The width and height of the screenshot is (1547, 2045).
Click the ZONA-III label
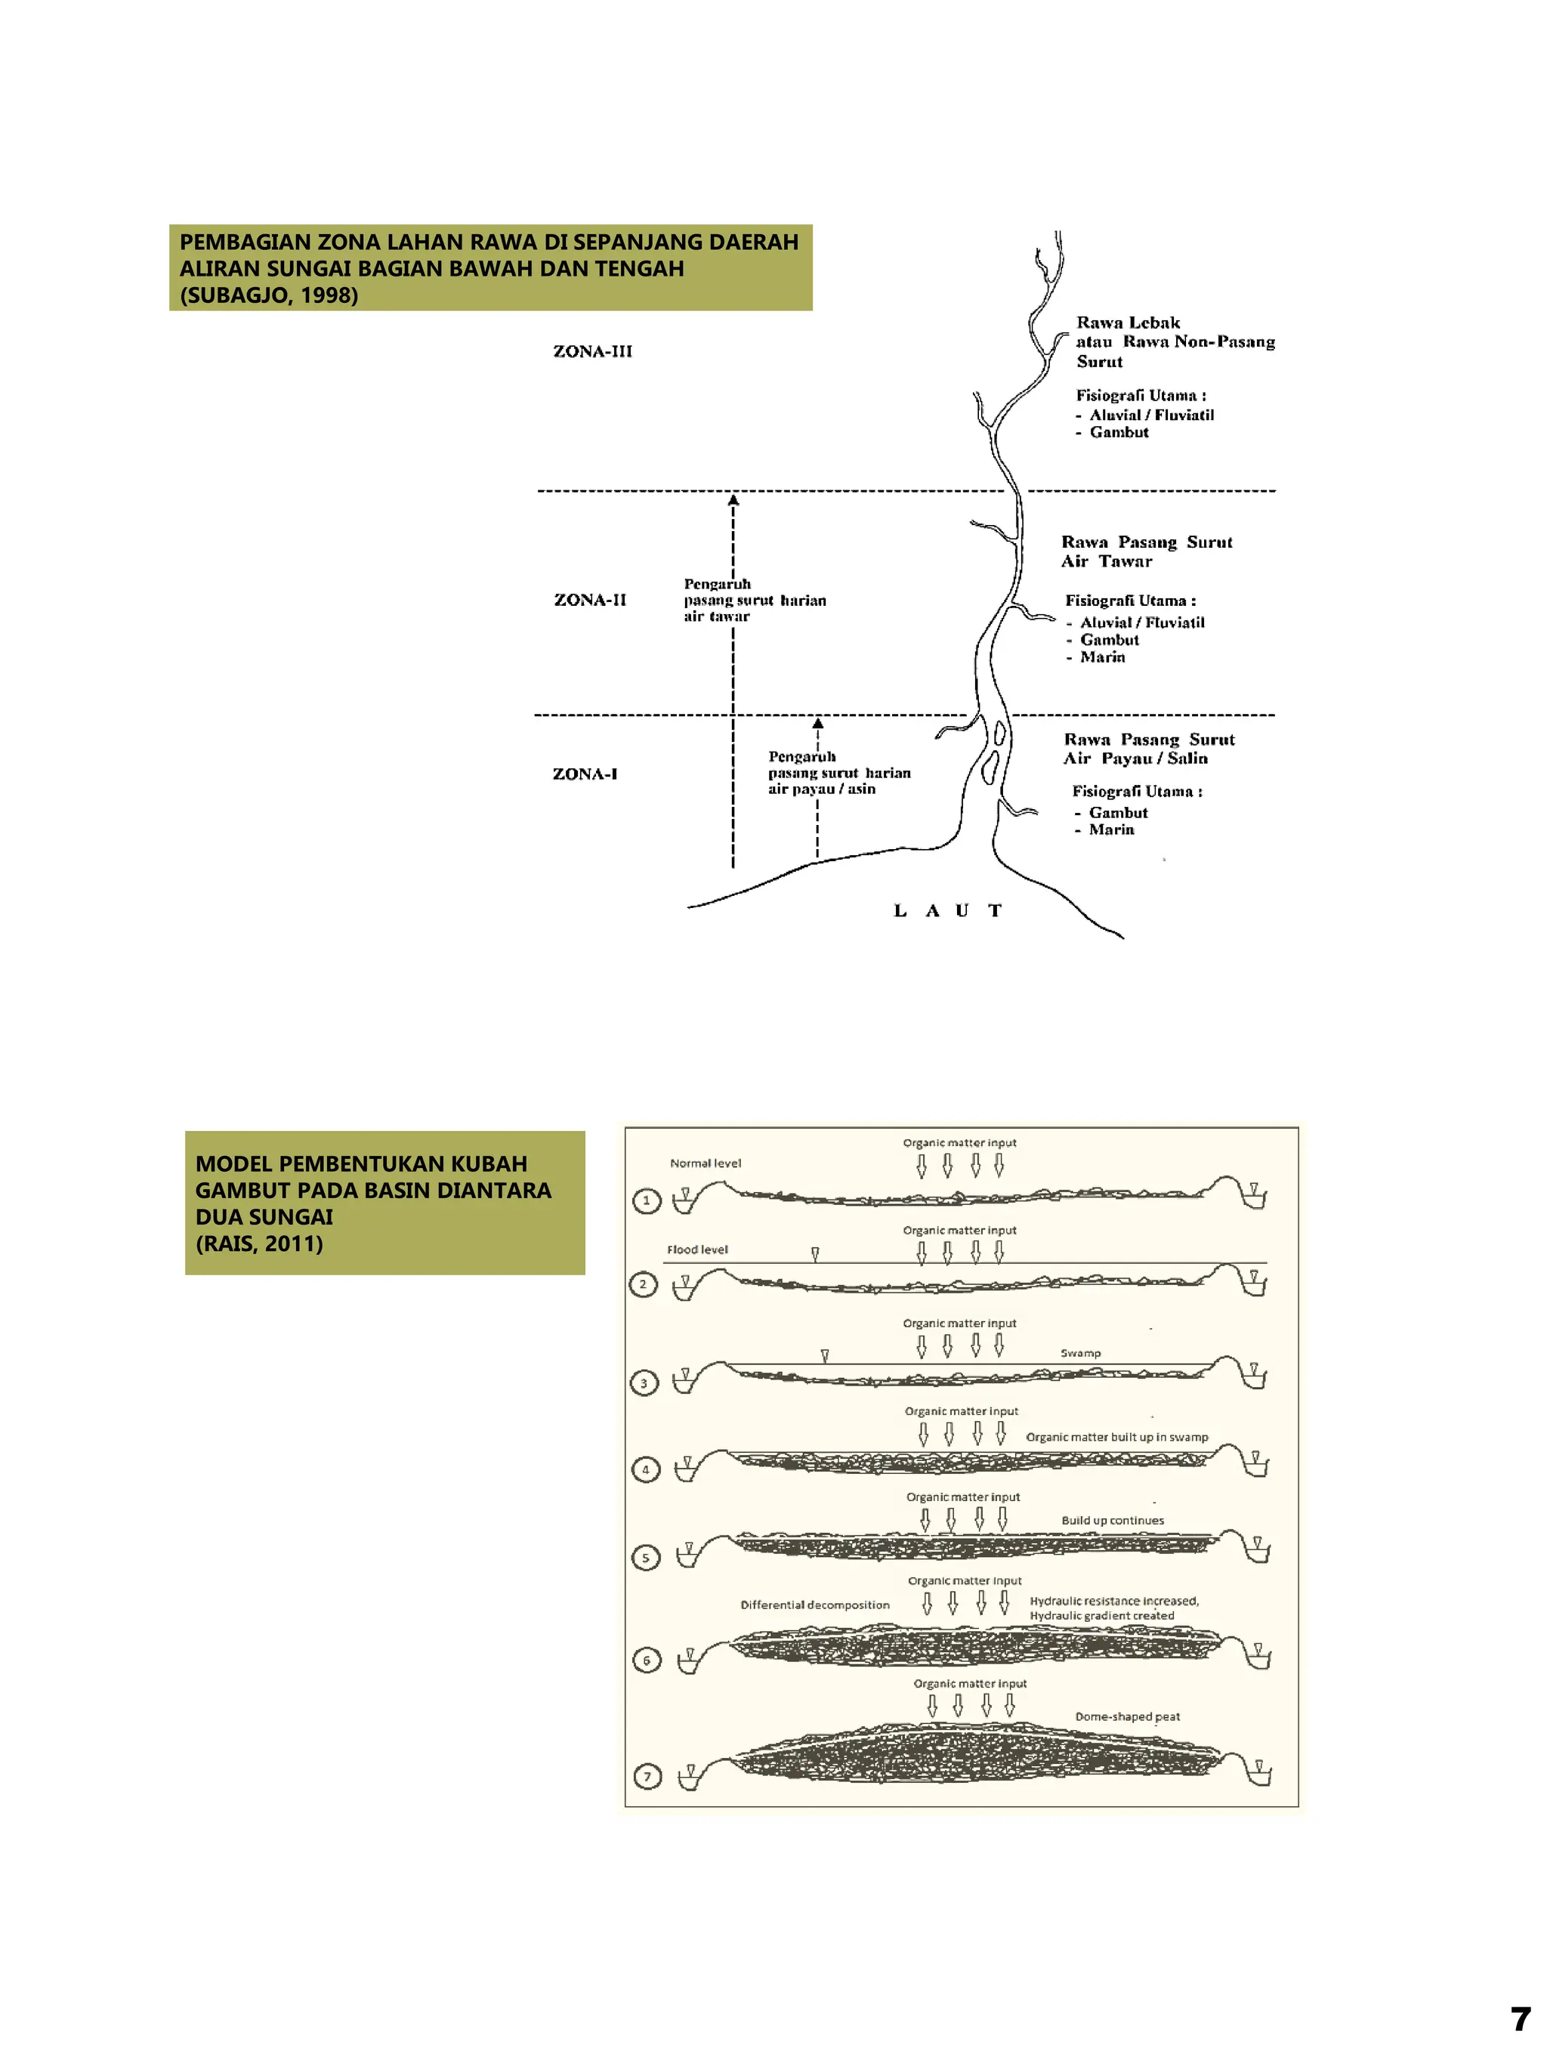pyautogui.click(x=592, y=351)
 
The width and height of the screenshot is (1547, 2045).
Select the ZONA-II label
pyautogui.click(x=590, y=600)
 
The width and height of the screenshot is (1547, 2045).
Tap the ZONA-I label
pyautogui.click(x=584, y=774)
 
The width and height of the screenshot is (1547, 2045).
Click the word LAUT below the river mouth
pyautogui.click(x=947, y=910)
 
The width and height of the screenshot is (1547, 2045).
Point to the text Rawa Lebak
pyautogui.click(x=1128, y=323)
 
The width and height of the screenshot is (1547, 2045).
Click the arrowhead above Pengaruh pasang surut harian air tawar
pyautogui.click(x=733, y=500)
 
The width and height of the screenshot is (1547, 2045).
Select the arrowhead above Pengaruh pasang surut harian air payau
pyautogui.click(x=818, y=723)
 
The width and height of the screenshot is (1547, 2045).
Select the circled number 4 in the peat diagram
pyautogui.click(x=645, y=1469)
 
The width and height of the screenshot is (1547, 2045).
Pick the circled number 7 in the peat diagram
pyautogui.click(x=647, y=1776)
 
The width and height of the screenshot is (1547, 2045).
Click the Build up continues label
pyautogui.click(x=1112, y=1520)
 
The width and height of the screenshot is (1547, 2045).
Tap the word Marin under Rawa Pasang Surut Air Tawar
pyautogui.click(x=1103, y=657)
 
